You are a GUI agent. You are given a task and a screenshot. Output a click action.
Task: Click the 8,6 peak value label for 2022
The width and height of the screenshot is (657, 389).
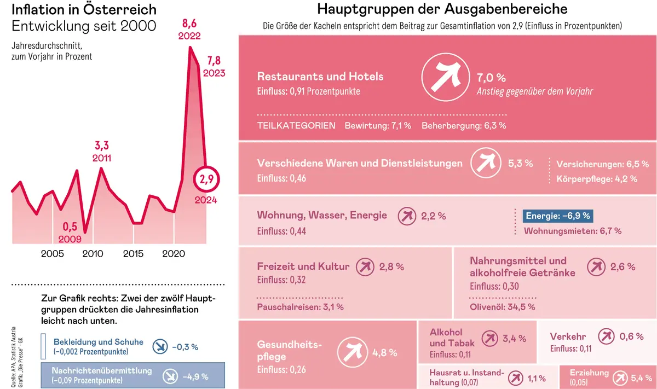pyautogui.click(x=189, y=24)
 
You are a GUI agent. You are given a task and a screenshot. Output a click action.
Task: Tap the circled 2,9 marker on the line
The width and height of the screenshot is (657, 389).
pyautogui.click(x=206, y=179)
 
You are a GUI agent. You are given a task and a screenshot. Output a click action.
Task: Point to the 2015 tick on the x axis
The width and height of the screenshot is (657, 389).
pyautogui.click(x=133, y=254)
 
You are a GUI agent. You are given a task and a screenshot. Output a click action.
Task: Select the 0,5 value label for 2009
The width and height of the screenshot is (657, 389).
pyautogui.click(x=70, y=227)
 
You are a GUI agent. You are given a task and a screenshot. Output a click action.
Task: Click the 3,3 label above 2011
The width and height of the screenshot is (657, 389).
pyautogui.click(x=102, y=146)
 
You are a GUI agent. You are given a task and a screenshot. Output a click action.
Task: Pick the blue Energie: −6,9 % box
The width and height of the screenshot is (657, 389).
pyautogui.click(x=558, y=216)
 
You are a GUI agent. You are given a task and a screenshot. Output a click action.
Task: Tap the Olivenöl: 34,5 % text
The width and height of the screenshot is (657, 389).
pyautogui.click(x=502, y=306)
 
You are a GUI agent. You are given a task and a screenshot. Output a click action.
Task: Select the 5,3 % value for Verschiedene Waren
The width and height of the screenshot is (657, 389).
pyautogui.click(x=520, y=163)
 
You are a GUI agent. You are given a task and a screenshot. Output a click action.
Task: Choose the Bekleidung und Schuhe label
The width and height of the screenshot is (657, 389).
pyautogui.click(x=98, y=342)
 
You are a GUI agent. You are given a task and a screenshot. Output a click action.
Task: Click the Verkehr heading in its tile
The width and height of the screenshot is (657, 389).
pyautogui.click(x=568, y=336)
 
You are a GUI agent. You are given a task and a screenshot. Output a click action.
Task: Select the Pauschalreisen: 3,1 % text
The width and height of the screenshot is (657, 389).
pyautogui.click(x=300, y=306)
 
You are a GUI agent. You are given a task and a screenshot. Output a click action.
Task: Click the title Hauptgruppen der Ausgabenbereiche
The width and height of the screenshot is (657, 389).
pyautogui.click(x=442, y=9)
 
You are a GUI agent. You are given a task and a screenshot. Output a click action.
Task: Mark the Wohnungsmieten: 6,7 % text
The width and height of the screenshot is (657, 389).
pyautogui.click(x=572, y=231)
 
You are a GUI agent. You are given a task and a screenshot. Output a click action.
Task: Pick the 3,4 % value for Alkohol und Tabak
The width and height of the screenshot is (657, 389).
pyautogui.click(x=514, y=339)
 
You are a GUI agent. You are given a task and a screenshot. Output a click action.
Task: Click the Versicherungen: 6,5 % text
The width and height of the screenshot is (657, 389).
pyautogui.click(x=602, y=164)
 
